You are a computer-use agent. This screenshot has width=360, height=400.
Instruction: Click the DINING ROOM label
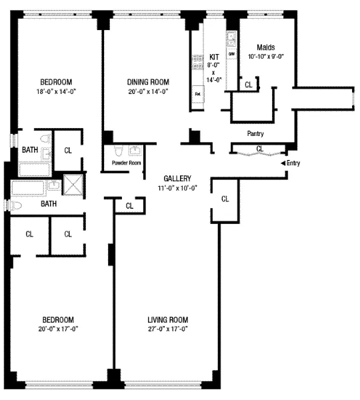coord(148,82)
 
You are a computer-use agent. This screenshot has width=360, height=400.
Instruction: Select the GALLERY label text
coord(177,179)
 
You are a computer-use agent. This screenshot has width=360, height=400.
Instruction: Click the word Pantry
coord(255,133)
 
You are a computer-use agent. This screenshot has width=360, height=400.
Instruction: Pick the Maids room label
coord(265,47)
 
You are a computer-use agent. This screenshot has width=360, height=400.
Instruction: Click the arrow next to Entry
coord(283,163)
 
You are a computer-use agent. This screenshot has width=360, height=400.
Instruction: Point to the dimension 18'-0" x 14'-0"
coord(56,91)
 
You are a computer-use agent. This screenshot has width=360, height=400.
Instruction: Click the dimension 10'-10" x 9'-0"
coord(265,57)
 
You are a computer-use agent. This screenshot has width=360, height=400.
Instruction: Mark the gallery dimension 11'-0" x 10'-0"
coord(177,188)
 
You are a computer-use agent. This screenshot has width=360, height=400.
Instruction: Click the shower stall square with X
coord(71,183)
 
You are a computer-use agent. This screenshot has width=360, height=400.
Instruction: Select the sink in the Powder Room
coord(135,151)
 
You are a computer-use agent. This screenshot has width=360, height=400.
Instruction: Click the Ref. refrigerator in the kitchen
coord(198,94)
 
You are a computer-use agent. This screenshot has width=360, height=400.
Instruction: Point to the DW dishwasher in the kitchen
coord(231,53)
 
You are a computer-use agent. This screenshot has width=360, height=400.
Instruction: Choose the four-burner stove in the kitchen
coord(198,62)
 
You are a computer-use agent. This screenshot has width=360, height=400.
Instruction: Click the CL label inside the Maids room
coord(249,85)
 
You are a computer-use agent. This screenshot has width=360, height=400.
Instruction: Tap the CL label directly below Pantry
coord(259,148)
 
